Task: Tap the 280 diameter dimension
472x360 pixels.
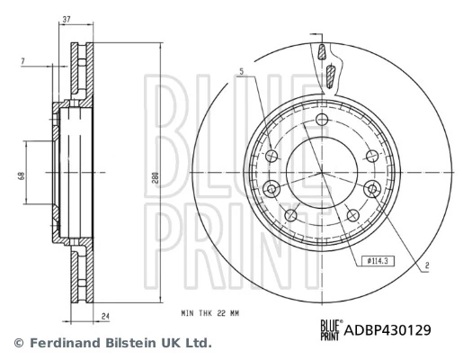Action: click(x=155, y=179)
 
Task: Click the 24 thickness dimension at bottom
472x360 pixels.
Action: click(x=104, y=315)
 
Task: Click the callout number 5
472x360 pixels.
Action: click(x=241, y=72)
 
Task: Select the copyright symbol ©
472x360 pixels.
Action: click(x=16, y=343)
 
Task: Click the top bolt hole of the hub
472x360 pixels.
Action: click(x=321, y=119)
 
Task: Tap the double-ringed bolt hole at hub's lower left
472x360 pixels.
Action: click(x=272, y=187)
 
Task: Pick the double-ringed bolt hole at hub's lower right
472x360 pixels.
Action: click(x=370, y=187)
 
